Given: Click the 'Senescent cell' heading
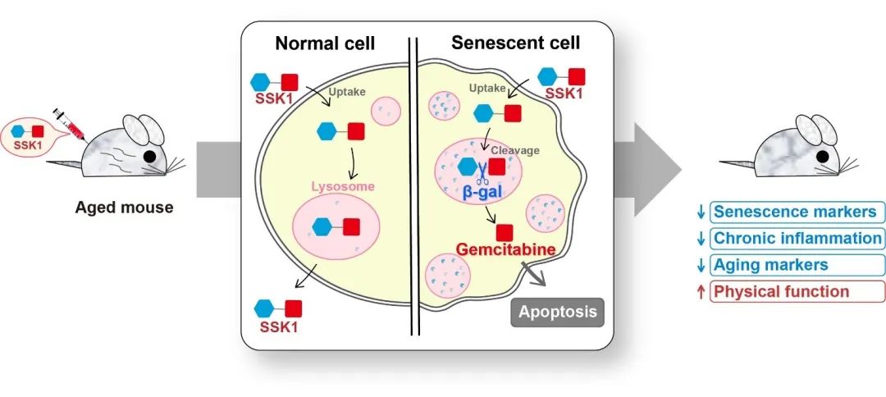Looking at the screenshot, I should coord(515,43).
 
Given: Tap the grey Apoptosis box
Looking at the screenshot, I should coord(558,312).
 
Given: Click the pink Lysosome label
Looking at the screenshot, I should coord(342,187).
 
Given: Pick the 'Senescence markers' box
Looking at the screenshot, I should coord(794,212).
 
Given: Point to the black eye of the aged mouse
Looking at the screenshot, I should coord(150,156).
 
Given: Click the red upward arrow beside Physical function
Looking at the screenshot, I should coord(700,291).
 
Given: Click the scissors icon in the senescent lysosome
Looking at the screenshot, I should coord(483,169).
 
